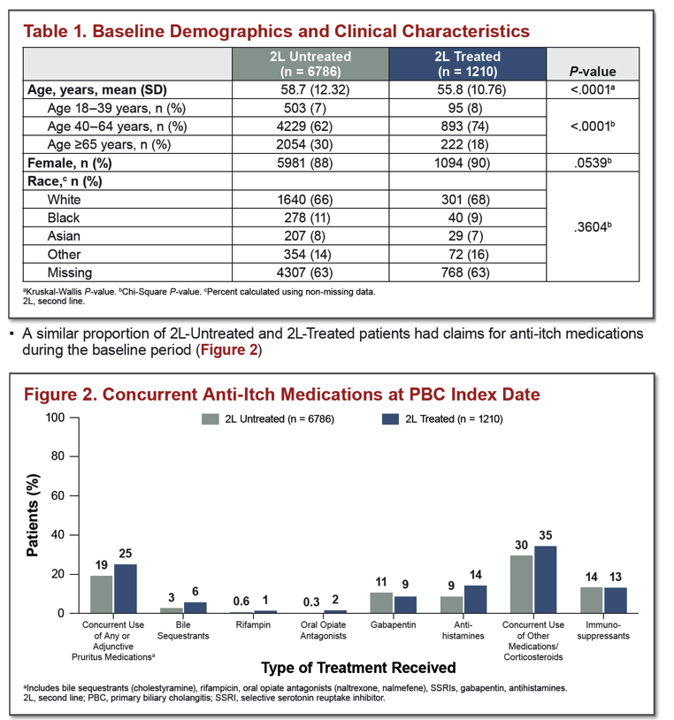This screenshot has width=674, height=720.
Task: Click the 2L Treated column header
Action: [467, 64]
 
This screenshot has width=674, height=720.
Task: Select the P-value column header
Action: [593, 71]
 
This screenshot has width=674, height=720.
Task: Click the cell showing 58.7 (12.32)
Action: [315, 89]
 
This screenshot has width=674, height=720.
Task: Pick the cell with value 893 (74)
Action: [464, 126]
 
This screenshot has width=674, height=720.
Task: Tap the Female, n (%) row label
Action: [70, 163]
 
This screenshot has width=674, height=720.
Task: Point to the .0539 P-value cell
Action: [593, 163]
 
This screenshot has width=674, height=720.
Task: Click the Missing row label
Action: [70, 272]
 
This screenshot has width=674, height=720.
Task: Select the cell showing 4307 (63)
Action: [304, 272]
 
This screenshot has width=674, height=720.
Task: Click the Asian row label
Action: [64, 236]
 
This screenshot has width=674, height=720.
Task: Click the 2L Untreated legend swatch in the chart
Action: [210, 418]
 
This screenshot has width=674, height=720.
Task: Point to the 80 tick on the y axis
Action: [57, 456]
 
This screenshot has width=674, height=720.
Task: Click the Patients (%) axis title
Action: [32, 515]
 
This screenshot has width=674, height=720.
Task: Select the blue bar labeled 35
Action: [545, 579]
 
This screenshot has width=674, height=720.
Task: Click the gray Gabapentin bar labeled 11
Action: [381, 603]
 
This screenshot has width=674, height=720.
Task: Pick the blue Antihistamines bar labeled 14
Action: [475, 599]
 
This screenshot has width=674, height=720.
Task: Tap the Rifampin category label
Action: [253, 625]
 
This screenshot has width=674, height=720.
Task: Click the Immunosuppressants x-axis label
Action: [603, 631]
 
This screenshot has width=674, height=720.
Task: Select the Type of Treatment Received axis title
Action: [358, 668]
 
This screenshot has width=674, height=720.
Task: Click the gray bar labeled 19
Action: [101, 594]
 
